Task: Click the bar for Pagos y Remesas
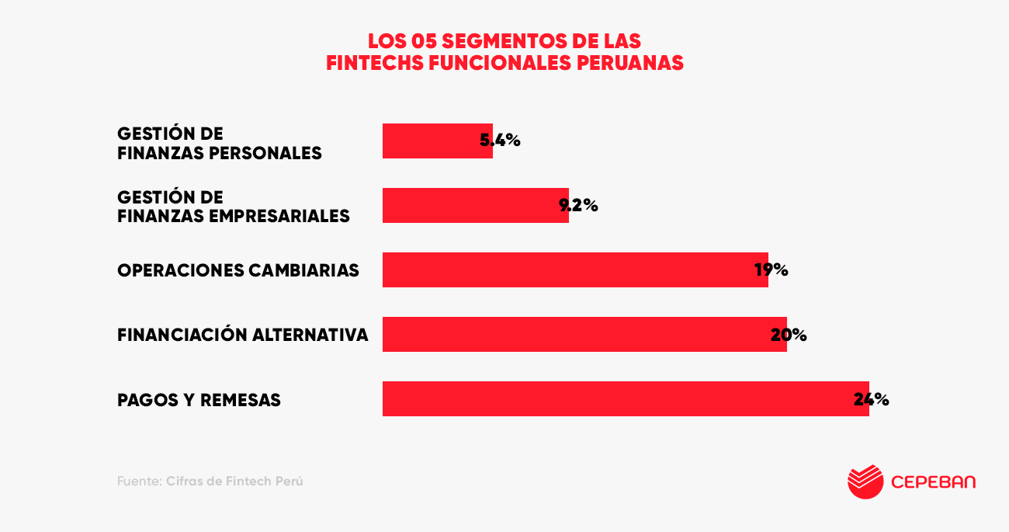tap(621, 399)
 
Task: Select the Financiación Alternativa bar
tap(582, 335)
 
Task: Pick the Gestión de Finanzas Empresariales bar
tap(473, 206)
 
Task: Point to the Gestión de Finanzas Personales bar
tap(435, 141)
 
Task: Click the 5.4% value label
tap(501, 141)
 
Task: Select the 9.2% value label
tap(579, 206)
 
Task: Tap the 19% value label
tap(771, 270)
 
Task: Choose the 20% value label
tap(789, 335)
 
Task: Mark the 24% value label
tap(872, 399)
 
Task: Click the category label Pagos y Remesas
tap(199, 401)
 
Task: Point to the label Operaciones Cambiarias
tap(238, 270)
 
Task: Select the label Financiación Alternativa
tap(243, 335)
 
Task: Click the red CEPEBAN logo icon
tap(865, 482)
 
